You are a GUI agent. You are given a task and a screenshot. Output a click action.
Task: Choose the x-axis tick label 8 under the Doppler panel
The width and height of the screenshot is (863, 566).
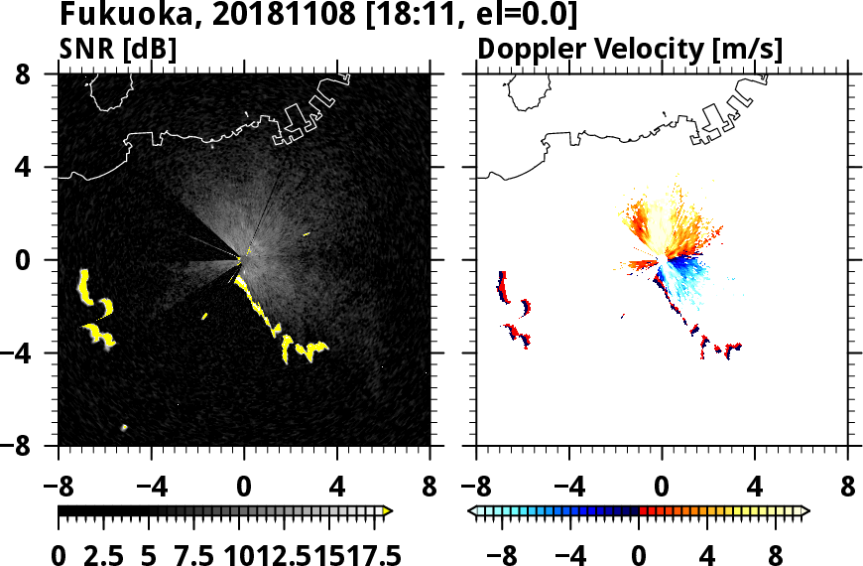848,488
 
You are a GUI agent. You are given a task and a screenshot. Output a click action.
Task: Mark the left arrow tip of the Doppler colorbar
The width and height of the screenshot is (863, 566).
471,511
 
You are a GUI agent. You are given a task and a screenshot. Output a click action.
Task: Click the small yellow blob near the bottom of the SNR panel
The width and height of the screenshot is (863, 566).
124,428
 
